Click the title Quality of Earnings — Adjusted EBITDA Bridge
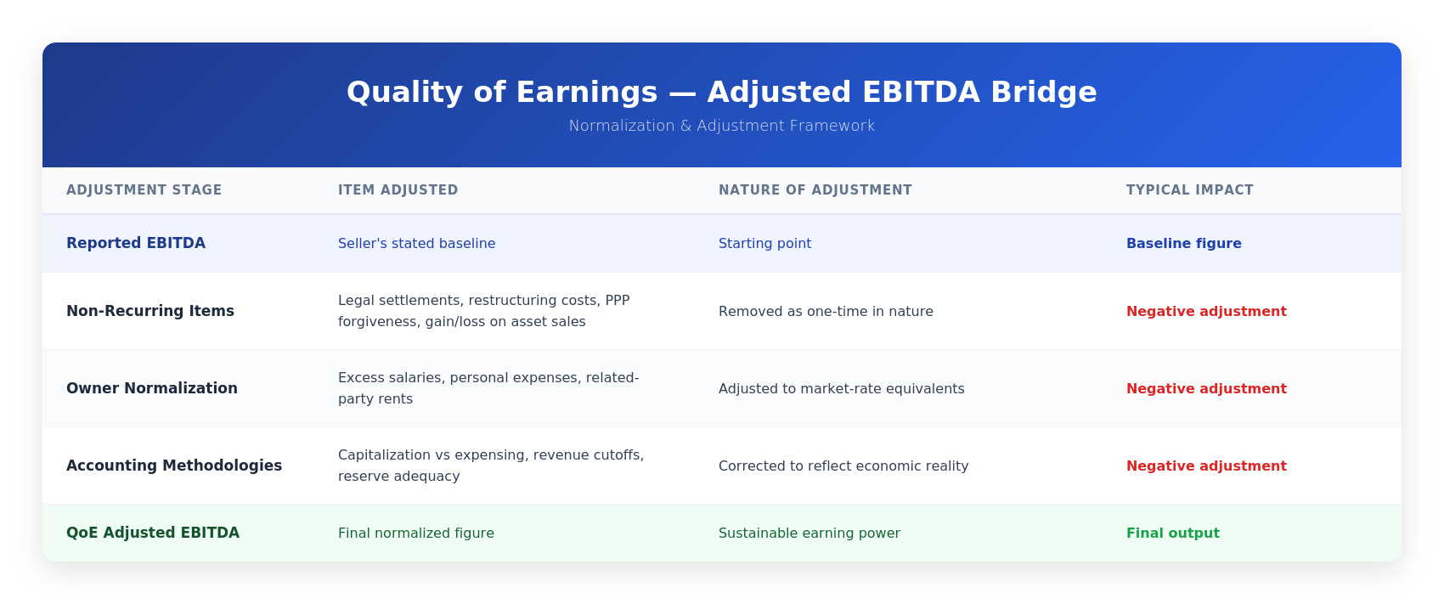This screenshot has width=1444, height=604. coord(721,93)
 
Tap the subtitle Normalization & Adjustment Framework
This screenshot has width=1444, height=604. coord(721,126)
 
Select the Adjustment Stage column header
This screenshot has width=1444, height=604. coord(144,190)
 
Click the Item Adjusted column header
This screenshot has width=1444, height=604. coord(398,190)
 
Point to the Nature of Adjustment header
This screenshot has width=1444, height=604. coord(815,190)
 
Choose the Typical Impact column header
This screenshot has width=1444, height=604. coord(1190,190)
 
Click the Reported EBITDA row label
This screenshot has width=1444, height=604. coord(136,243)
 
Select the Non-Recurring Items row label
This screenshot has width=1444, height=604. coord(150,311)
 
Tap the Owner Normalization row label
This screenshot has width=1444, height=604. coord(152,388)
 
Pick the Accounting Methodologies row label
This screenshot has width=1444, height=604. coord(174,466)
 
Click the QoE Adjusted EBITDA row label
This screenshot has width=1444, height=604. coord(153,533)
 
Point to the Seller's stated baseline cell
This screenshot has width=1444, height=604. coord(416,244)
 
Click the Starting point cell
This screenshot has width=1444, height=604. coord(764,244)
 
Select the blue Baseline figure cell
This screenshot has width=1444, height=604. coord(1183,244)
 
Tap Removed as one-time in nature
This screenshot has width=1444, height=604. coord(826,312)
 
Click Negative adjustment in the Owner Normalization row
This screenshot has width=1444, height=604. coord(1206,389)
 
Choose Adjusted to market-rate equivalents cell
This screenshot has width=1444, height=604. coord(841,389)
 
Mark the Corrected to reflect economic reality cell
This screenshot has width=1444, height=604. coord(843,466)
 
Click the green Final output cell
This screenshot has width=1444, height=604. coord(1172,533)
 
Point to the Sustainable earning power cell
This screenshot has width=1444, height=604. coord(809,533)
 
